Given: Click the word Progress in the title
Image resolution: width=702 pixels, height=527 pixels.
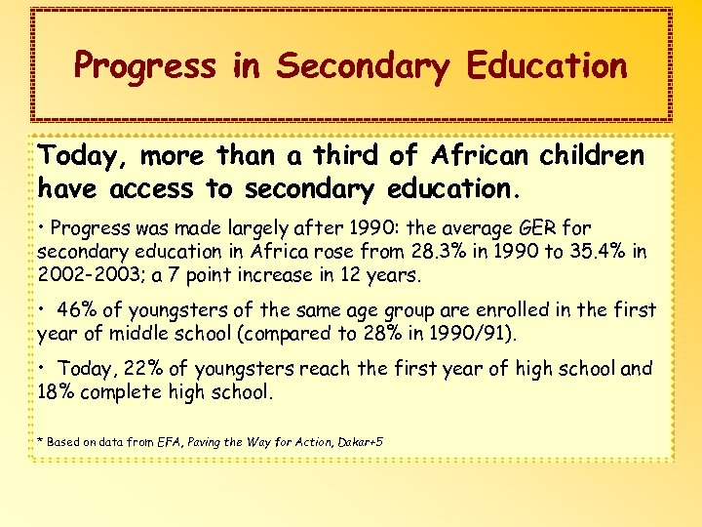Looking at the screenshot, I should pos(143,66).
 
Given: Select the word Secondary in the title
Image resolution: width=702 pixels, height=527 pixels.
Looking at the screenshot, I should pos(363,66).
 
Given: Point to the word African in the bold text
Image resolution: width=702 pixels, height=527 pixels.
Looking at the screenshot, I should pos(487,157).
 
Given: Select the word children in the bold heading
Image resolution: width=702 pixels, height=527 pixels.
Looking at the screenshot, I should pos(598,157).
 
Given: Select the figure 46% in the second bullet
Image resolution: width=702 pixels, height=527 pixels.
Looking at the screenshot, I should pos(77,311).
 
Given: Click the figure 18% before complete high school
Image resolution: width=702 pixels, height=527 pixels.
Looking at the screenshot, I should pos(57,393).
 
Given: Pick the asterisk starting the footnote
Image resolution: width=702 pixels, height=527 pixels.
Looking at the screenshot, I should pos(40,441).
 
